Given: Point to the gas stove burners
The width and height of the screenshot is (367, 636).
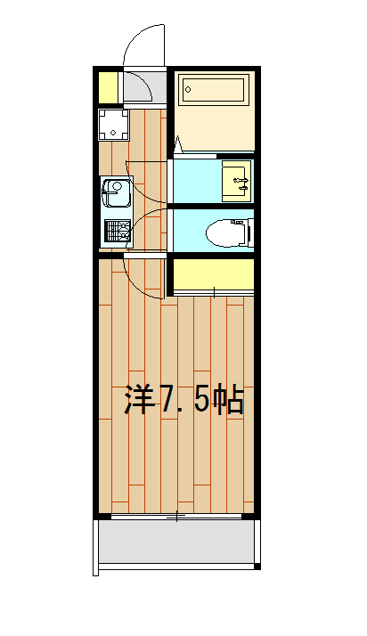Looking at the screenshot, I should (x=117, y=232).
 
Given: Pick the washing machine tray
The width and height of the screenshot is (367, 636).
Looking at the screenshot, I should (x=115, y=124).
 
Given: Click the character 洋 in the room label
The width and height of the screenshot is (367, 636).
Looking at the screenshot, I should (x=139, y=401).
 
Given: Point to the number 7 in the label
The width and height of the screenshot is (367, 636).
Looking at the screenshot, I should (x=168, y=401).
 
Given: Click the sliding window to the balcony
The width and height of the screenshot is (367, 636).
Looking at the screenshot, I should (x=176, y=516).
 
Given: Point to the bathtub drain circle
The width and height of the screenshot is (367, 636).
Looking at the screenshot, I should (x=190, y=88).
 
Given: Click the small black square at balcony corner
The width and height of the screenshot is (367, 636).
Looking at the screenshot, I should (x=257, y=566).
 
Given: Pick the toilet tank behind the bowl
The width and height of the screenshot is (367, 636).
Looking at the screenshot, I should (x=249, y=232).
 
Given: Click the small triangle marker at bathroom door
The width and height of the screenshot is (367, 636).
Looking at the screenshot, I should (x=178, y=143).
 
